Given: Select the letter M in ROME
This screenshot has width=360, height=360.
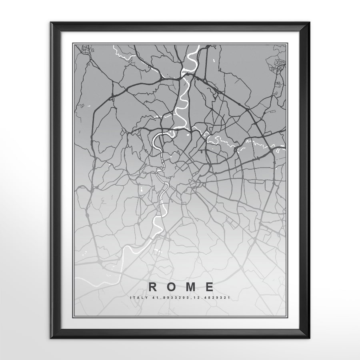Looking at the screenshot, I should (x=190, y=287).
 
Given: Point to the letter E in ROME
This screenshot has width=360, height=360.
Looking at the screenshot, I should (x=209, y=287).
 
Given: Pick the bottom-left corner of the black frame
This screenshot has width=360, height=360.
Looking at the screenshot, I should (x=51, y=338).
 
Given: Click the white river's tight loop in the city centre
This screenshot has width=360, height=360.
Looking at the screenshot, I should (x=157, y=140).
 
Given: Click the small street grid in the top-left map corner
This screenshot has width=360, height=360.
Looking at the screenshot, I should (x=85, y=50).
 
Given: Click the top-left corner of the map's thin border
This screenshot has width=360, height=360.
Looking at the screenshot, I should (x=73, y=43).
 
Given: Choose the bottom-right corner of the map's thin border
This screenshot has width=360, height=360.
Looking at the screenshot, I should (x=287, y=316).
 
